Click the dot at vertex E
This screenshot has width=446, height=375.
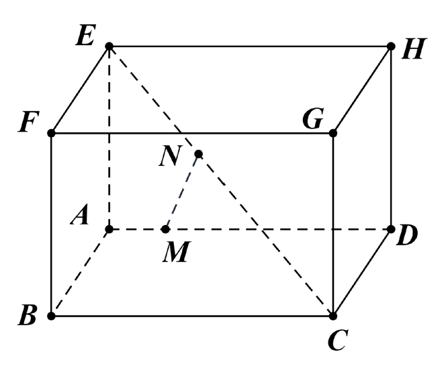tap(109, 46)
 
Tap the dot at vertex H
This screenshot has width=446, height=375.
tap(391, 46)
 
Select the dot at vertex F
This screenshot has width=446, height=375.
tap(51, 133)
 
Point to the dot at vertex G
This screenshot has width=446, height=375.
tap(332, 133)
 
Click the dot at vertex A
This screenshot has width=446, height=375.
tap(109, 229)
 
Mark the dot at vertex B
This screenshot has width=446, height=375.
tap(51, 316)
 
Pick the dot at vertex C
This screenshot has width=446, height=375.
tap(332, 316)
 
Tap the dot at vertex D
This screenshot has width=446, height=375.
tap(391, 229)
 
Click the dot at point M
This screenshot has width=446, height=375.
tap(165, 229)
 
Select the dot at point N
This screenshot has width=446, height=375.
tap(199, 154)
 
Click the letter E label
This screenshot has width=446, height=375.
tap(85, 35)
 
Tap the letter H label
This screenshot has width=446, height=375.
tap(414, 49)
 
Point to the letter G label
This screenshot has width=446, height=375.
tap(313, 119)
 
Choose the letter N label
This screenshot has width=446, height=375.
tap(170, 157)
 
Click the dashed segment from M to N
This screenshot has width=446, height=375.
tap(182, 192)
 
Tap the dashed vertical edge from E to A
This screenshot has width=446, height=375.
tap(109, 137)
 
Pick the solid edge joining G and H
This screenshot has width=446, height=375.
tap(362, 89)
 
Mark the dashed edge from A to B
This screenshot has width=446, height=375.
tap(80, 272)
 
